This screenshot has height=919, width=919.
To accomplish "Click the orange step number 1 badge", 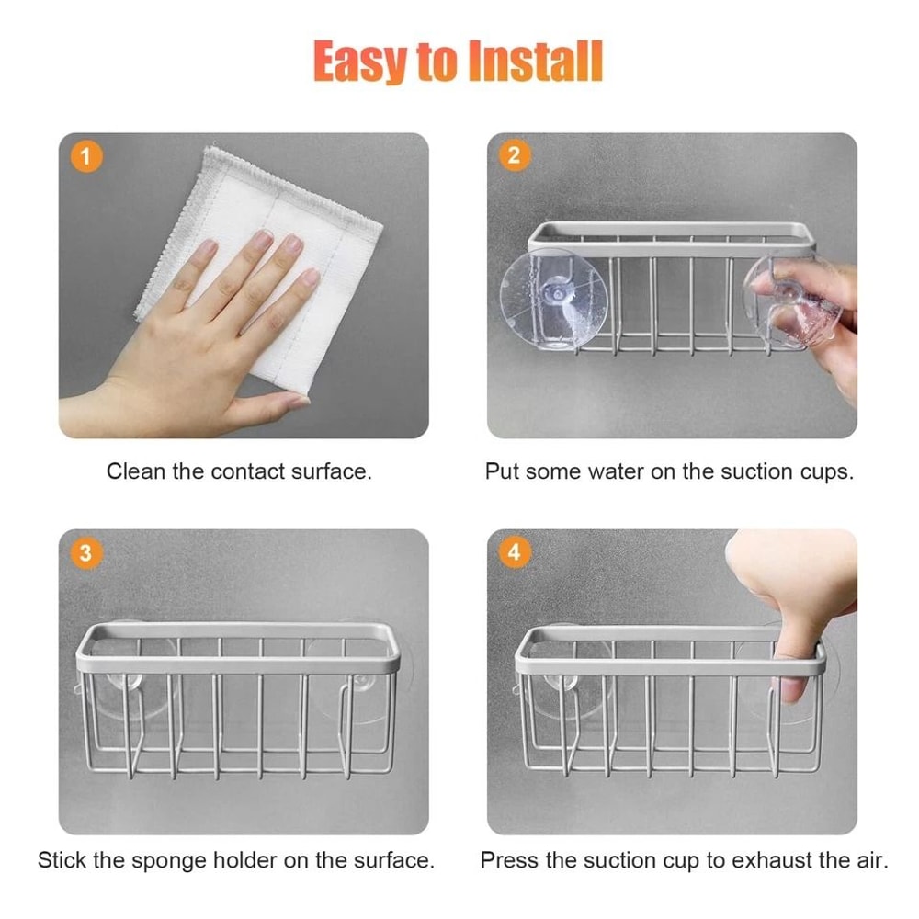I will click(x=86, y=157).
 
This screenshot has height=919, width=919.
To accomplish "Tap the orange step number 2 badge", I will click(x=514, y=154).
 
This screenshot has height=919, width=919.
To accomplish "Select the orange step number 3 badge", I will click(x=86, y=553).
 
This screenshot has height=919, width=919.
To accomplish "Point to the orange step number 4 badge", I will click(x=514, y=553).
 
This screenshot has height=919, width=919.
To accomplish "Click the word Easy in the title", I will click(x=358, y=62).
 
